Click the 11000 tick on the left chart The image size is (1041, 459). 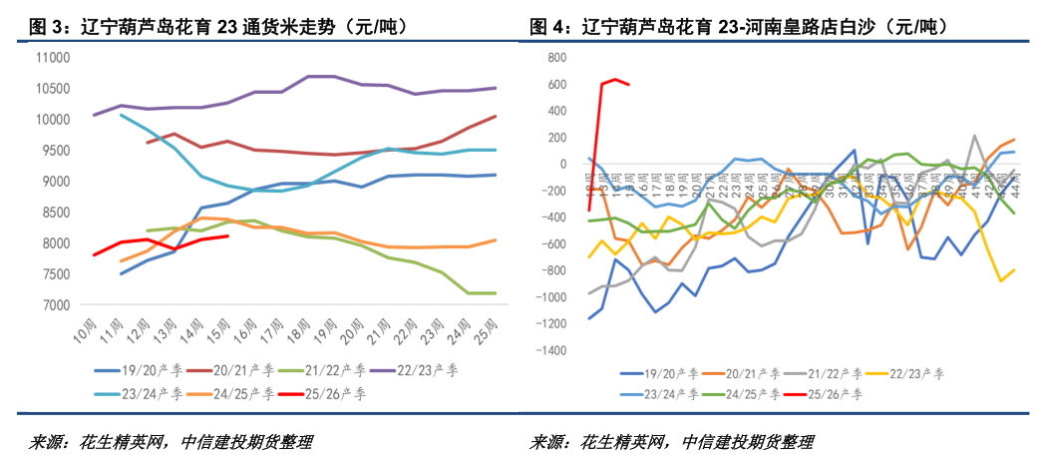(x=53, y=58)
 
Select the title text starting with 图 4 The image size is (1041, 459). (x=738, y=26)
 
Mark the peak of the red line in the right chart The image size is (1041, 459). (x=615, y=79)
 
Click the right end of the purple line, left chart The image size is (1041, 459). (x=496, y=88)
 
